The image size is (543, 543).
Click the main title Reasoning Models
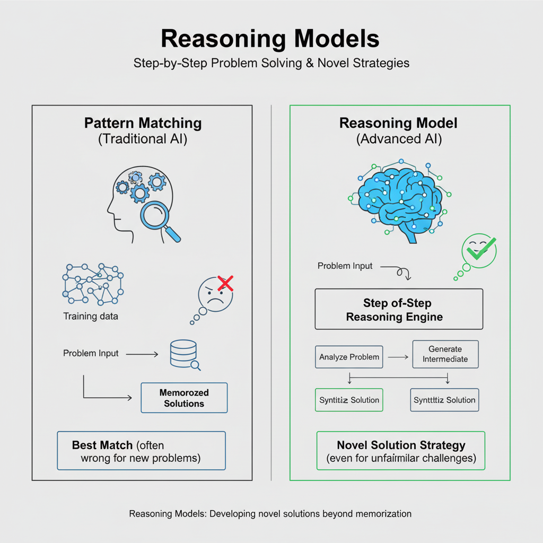[x=270, y=39]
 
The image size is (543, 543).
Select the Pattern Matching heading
[x=143, y=124]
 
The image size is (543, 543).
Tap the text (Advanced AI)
[x=398, y=139]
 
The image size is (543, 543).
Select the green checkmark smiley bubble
[x=479, y=250]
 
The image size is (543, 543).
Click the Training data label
[x=91, y=317]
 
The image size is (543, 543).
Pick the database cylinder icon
[x=183, y=354]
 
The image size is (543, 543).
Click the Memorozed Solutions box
[x=184, y=398]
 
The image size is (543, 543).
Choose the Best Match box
[x=141, y=451]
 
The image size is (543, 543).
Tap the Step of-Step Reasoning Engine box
[x=399, y=310]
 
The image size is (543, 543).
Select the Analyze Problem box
[x=349, y=357]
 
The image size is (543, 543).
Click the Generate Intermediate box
[x=445, y=354]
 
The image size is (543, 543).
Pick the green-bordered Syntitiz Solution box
[x=349, y=400]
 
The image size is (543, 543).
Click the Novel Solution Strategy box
[x=401, y=451]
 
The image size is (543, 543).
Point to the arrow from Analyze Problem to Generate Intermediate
[x=397, y=357]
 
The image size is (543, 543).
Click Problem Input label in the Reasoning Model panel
[x=345, y=266]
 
